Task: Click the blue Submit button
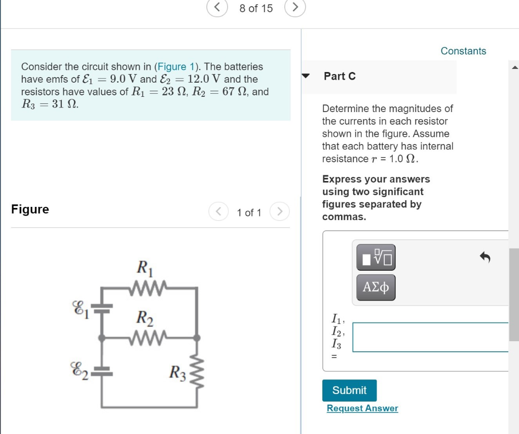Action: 349,390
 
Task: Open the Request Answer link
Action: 362,408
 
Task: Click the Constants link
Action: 463,51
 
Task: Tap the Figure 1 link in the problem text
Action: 177,66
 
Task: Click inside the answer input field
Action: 430,337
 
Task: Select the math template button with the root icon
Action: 376,258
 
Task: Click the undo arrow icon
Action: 485,258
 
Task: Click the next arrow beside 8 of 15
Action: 295,8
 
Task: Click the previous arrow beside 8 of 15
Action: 216,8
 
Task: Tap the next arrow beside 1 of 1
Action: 279,211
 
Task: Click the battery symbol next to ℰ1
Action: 102,307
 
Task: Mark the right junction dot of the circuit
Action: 197,337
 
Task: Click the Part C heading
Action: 340,76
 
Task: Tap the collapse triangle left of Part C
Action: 306,76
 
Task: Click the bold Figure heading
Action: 30,209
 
